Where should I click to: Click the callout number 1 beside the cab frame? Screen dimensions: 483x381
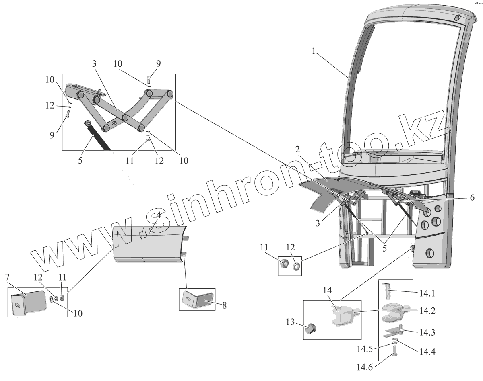[314, 51]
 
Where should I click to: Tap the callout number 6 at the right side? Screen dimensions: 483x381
[472, 197]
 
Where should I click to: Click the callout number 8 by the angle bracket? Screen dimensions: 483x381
[224, 305]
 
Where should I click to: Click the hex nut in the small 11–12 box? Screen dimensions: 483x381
[283, 263]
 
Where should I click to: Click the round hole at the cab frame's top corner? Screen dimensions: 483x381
[457, 18]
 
